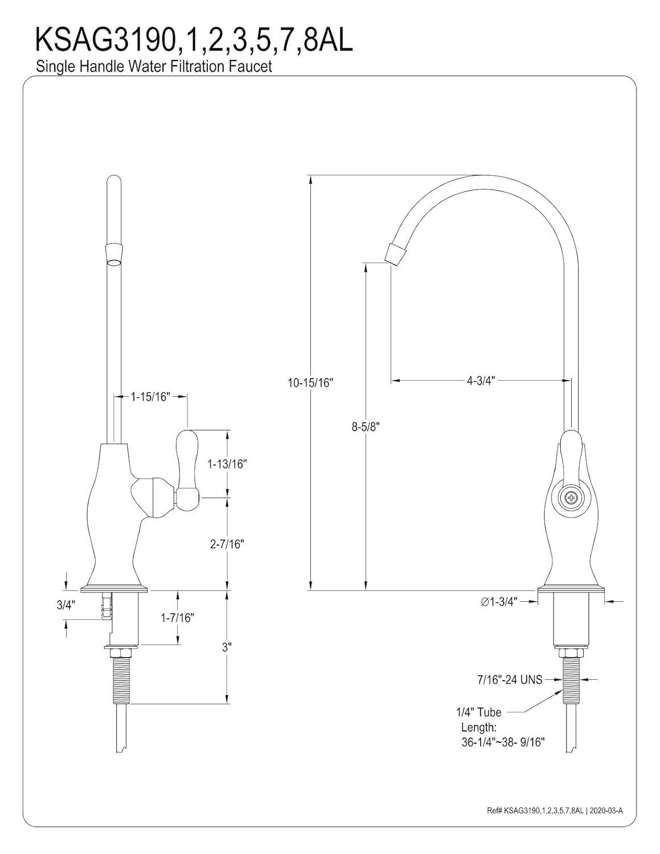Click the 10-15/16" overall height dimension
pos(309,383)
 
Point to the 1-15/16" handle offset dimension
pos(151,397)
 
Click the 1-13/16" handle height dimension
pos(226,464)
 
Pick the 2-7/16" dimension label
pos(226,544)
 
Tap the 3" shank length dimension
pos(227,647)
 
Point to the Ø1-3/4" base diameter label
pos(499,602)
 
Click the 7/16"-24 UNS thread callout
pos(509,679)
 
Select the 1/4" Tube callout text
pos(478,712)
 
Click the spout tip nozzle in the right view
pos(396,252)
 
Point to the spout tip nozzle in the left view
pos(114,254)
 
